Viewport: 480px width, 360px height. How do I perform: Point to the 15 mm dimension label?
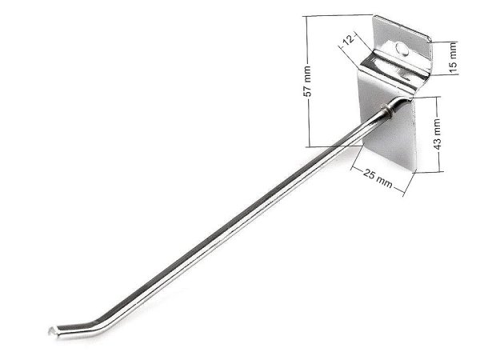coord(453,58)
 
